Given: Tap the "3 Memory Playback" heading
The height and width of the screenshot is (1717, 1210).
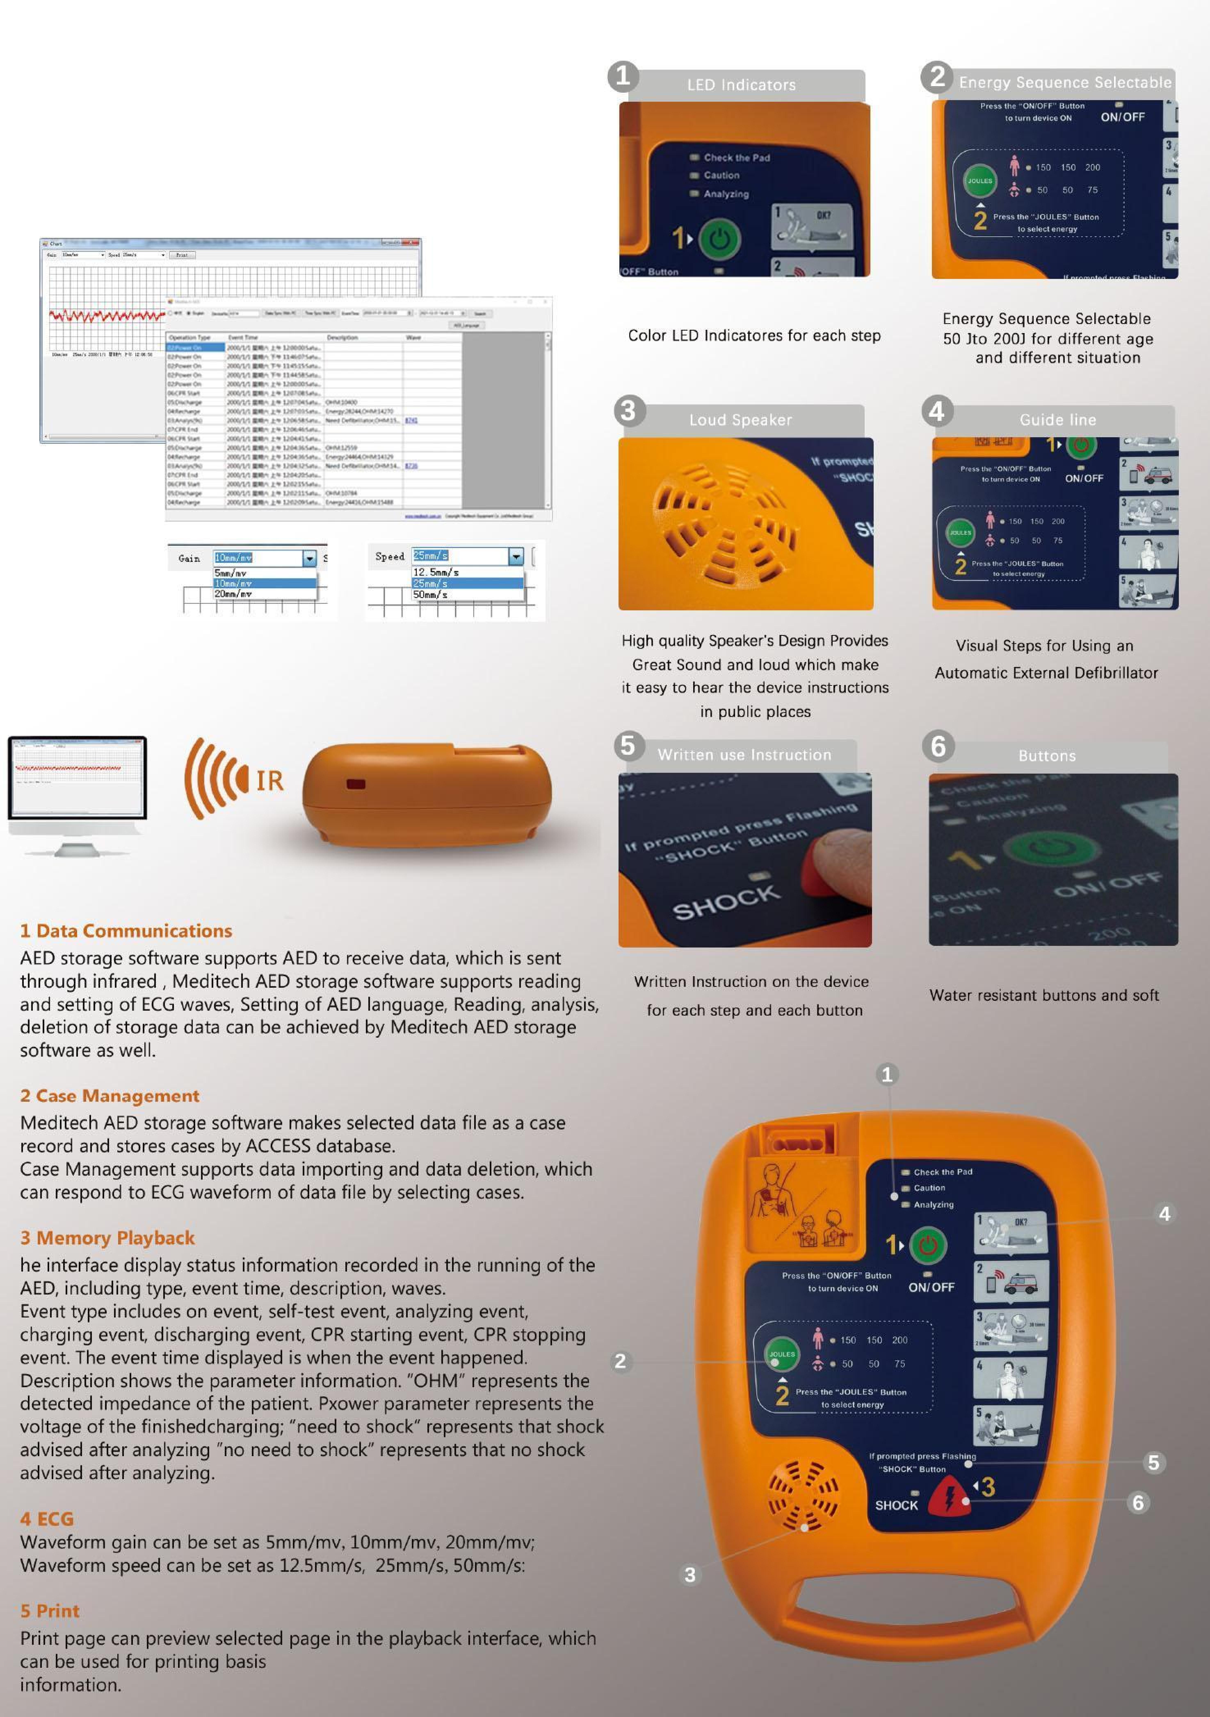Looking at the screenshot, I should [x=108, y=1238].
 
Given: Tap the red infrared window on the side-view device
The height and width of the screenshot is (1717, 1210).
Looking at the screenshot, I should [x=355, y=784].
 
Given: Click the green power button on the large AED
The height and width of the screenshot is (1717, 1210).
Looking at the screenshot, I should [x=927, y=1245].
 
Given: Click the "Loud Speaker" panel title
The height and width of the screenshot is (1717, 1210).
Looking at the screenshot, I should [x=740, y=420].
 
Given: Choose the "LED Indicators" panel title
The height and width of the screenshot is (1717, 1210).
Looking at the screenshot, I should [x=741, y=85].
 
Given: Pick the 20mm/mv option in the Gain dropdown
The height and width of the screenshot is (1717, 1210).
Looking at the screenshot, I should [x=233, y=594].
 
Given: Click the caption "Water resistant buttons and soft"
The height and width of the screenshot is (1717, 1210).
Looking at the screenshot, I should [x=1044, y=995].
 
